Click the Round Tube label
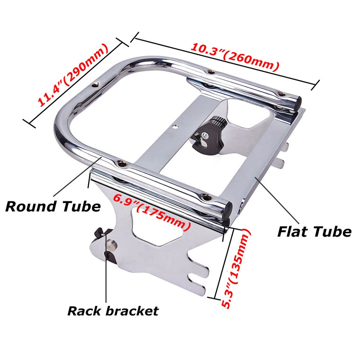click(53, 206)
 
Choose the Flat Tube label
click(314, 232)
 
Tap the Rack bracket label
click(113, 310)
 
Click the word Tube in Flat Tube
click(333, 232)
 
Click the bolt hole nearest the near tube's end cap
click(204, 196)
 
